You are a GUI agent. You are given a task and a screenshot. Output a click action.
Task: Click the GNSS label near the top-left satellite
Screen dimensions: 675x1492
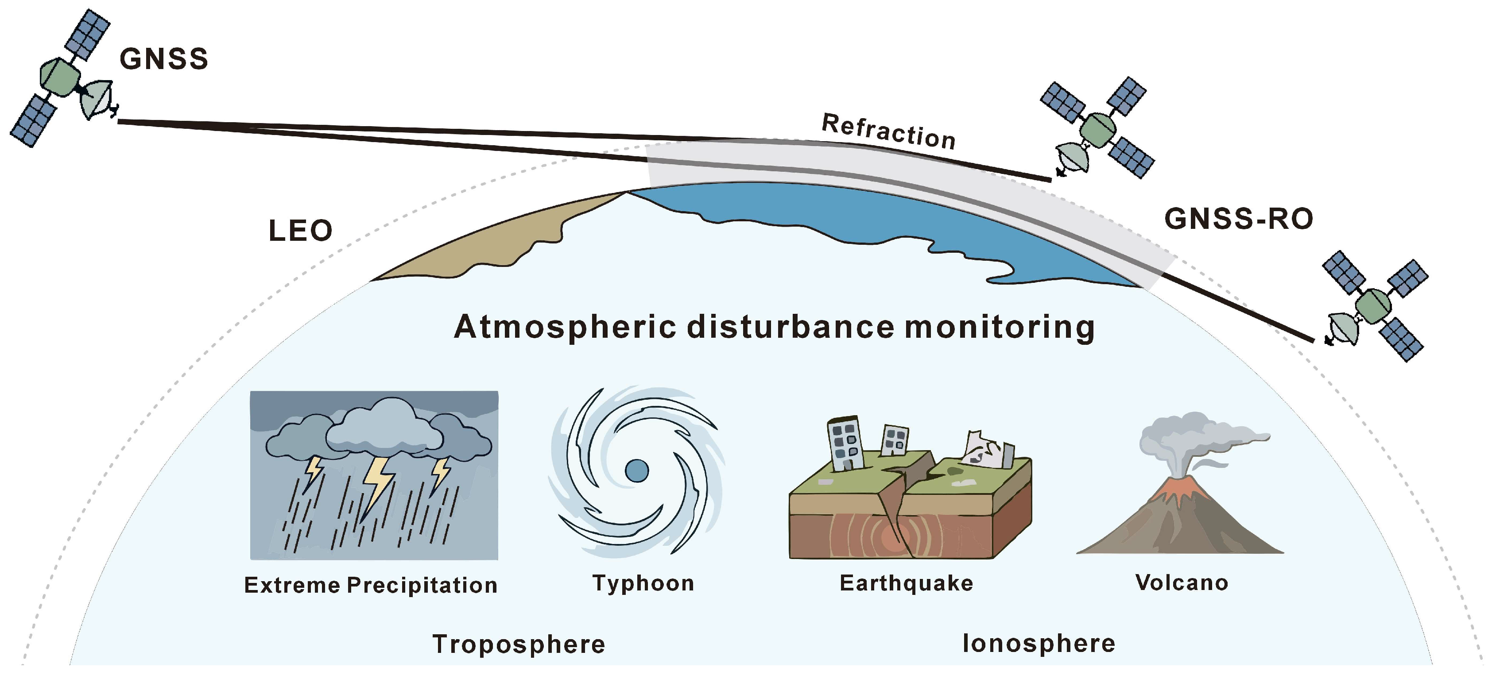pos(164,59)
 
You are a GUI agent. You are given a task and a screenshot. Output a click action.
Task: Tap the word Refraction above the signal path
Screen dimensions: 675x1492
pos(888,131)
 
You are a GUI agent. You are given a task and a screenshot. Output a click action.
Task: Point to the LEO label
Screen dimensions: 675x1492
pos(301,231)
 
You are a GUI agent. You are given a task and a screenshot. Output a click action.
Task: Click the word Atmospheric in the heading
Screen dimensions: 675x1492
pos(565,327)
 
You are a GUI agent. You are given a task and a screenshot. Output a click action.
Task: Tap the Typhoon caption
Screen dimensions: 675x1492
pos(643,583)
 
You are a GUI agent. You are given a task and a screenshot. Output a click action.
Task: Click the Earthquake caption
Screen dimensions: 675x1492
pos(907,583)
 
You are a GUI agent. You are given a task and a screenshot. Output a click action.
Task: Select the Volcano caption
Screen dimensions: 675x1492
pos(1182,582)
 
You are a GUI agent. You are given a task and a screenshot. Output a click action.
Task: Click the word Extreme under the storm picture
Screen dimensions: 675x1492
pos(292,585)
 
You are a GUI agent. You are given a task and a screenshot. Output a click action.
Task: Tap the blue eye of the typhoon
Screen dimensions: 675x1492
pos(637,471)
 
